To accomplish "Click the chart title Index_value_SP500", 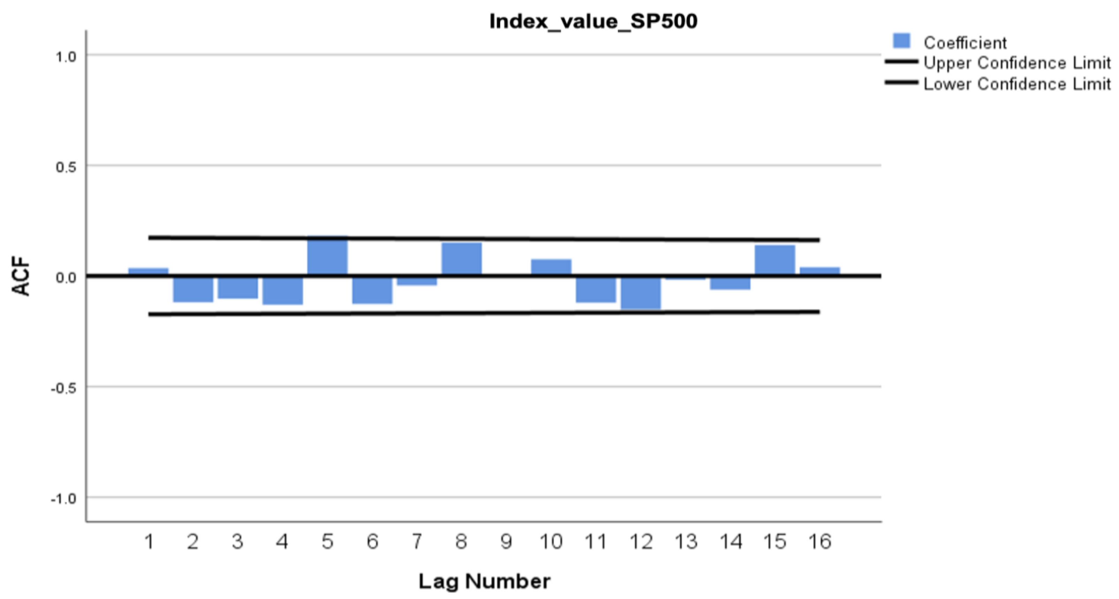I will pyautogui.click(x=593, y=21).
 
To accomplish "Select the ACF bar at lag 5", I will pyautogui.click(x=327, y=256).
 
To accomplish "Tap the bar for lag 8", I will pyautogui.click(x=461, y=259).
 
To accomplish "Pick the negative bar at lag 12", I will pyautogui.click(x=641, y=293).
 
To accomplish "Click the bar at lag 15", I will pyautogui.click(x=774, y=260).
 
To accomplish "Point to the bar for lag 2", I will pyautogui.click(x=193, y=289).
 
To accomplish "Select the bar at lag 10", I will pyautogui.click(x=551, y=267).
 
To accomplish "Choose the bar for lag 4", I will pyautogui.click(x=282, y=291).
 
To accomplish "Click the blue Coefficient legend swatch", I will pyautogui.click(x=901, y=41).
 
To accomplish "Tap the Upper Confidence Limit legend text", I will pyautogui.click(x=1016, y=64).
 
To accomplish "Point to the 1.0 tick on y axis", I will pyautogui.click(x=66, y=57).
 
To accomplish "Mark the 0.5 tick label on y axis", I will pyautogui.click(x=66, y=167).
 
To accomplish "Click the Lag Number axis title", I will pyautogui.click(x=484, y=581).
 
